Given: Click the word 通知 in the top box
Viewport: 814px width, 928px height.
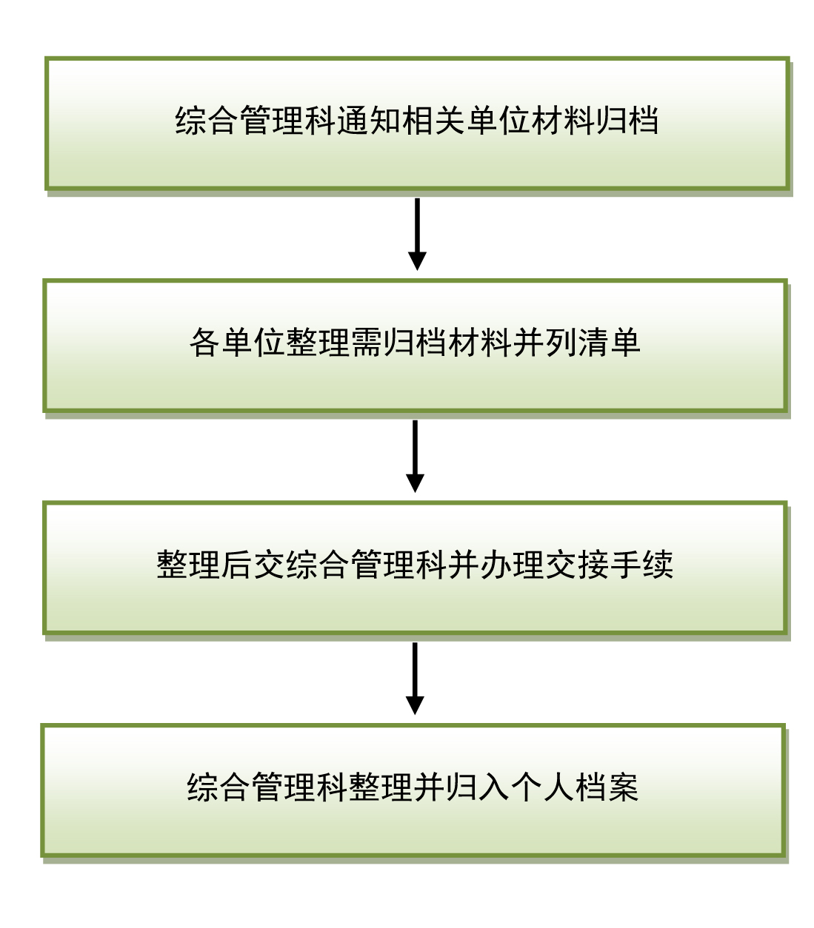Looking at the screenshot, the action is tap(368, 121).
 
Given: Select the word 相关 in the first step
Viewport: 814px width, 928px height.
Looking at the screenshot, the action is tap(433, 121).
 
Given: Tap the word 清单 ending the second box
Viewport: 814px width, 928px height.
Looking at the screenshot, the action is tap(608, 342).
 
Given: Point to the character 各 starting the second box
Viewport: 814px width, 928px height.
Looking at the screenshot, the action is tap(204, 342).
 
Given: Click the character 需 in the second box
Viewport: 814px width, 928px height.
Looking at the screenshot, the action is tap(366, 342).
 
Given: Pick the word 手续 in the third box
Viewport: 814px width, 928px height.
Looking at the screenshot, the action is tap(641, 565).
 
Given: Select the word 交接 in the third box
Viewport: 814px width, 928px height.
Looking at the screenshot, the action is tap(576, 565).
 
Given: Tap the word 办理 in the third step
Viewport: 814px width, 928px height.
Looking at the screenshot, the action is tap(512, 565).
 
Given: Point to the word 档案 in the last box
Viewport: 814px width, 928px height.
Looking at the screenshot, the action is tap(607, 787).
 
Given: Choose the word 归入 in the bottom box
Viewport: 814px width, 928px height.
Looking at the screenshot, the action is tap(478, 787).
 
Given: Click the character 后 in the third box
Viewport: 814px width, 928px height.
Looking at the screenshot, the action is tap(236, 565).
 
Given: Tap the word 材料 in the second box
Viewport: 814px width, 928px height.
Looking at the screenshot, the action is tap(479, 342).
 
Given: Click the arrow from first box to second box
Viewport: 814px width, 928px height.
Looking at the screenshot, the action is tap(417, 234).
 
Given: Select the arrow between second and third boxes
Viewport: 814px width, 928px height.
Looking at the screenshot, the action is tap(415, 456).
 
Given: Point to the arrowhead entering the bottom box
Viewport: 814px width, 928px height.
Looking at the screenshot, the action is tap(415, 705).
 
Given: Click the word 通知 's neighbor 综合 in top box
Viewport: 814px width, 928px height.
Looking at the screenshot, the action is tap(207, 121).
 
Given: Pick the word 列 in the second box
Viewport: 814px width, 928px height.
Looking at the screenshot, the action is tap(560, 342).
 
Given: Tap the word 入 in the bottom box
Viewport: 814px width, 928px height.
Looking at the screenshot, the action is tap(494, 787).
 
